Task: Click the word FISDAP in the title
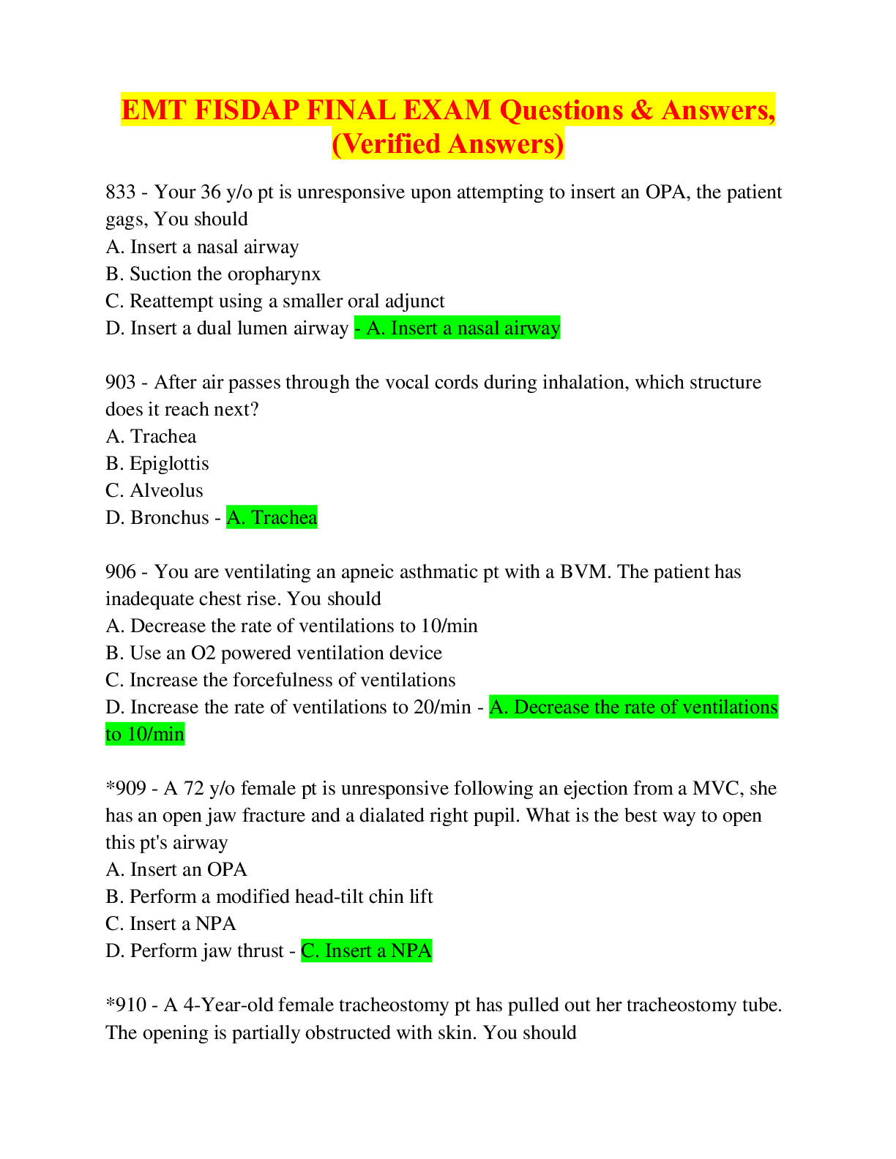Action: point(247,110)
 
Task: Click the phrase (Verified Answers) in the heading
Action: point(448,144)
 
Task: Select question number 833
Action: point(121,192)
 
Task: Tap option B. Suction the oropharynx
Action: point(213,274)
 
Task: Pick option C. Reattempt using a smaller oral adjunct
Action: point(275,301)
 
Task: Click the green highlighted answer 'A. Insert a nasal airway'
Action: point(458,328)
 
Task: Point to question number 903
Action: point(121,382)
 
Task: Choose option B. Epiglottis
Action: point(157,463)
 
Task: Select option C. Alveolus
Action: point(154,490)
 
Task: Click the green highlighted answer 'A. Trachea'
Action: point(272,517)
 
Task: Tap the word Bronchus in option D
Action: point(170,517)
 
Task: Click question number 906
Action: point(121,571)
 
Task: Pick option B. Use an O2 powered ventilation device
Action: point(274,653)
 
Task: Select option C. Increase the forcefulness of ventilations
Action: point(280,680)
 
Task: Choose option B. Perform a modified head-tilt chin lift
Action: point(269,896)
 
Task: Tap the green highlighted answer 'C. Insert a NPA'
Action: point(367,950)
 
